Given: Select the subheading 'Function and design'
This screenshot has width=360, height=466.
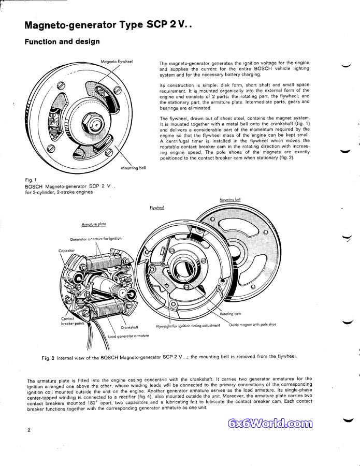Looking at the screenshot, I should (62, 42).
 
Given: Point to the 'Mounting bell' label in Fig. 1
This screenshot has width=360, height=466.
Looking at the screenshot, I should (134, 168).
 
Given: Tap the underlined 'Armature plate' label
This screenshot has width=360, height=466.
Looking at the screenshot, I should (94, 224).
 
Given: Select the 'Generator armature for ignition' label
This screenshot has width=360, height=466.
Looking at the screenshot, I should (96, 239).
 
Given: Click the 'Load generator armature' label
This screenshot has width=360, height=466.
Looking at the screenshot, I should (128, 336).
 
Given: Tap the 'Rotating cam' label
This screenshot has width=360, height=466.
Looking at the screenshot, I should (230, 314).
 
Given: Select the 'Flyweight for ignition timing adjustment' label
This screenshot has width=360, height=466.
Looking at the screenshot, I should (189, 326).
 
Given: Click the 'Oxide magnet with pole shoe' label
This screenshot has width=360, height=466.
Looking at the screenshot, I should (253, 325).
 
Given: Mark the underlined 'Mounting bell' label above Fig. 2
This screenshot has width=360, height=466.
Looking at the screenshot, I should (230, 199).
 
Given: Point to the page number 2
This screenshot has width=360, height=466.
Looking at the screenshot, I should (29, 430).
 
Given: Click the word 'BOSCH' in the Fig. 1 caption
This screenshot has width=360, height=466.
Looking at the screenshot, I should (35, 185).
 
